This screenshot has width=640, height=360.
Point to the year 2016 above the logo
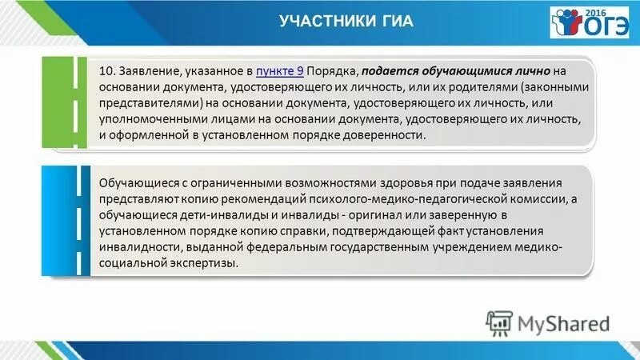click(615, 14)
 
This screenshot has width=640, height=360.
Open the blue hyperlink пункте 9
click(279, 70)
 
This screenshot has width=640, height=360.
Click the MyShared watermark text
click(563, 323)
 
